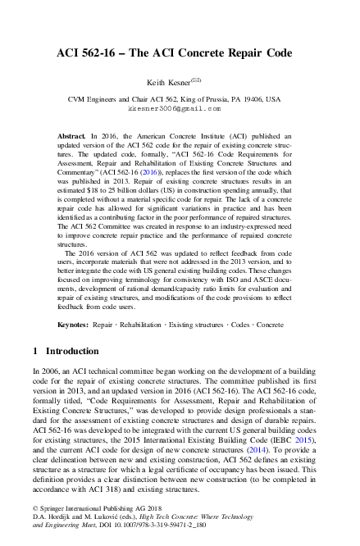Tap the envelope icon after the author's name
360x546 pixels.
(195, 80)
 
